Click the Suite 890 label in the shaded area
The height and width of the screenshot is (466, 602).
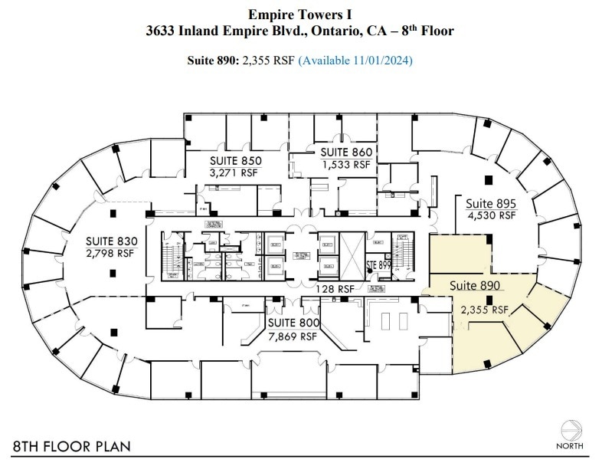tap(475, 285)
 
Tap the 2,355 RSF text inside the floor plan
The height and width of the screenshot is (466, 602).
tap(484, 310)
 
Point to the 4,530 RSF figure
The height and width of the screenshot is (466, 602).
tap(492, 215)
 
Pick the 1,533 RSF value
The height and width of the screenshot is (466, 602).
tap(345, 164)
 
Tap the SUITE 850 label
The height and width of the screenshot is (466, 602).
tap(236, 161)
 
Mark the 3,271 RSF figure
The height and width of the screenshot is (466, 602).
tap(236, 172)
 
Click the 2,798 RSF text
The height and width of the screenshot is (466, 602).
tap(110, 253)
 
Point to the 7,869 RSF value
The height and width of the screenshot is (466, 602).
tap(292, 336)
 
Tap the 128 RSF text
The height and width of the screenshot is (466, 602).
tap(335, 290)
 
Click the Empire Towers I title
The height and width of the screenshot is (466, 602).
tap(300, 14)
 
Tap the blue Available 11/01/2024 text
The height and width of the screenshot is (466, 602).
tap(355, 60)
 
